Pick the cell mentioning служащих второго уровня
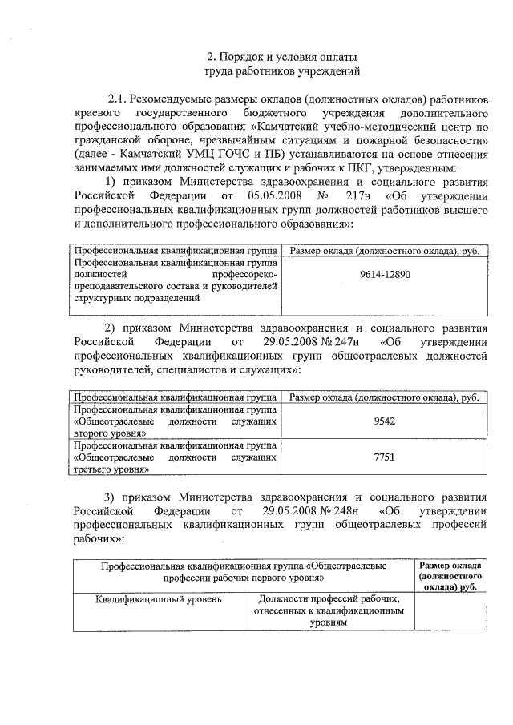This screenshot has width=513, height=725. [x=176, y=421]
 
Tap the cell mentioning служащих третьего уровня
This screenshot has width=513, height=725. [x=176, y=457]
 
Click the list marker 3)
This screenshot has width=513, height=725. [x=113, y=497]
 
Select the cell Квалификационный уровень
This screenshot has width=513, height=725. [x=158, y=598]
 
